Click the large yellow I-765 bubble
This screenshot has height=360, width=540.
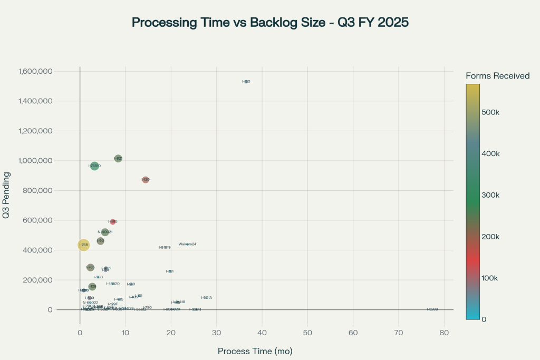(83, 245)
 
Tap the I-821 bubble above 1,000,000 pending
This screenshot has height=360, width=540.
(118, 158)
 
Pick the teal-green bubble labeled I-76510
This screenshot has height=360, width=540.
(94, 166)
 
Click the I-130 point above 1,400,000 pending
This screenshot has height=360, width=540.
(246, 82)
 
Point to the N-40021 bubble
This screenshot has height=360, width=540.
(105, 232)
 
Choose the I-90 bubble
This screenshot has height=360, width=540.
(100, 241)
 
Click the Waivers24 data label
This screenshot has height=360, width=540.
(187, 244)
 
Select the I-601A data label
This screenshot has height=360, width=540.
(206, 298)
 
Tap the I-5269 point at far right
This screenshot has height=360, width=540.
(432, 309)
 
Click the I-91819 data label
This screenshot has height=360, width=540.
(165, 247)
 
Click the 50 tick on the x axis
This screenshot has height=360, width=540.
(307, 333)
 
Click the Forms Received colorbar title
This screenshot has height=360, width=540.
(497, 76)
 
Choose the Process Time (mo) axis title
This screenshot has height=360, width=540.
(255, 351)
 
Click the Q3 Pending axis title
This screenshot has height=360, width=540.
(7, 195)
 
